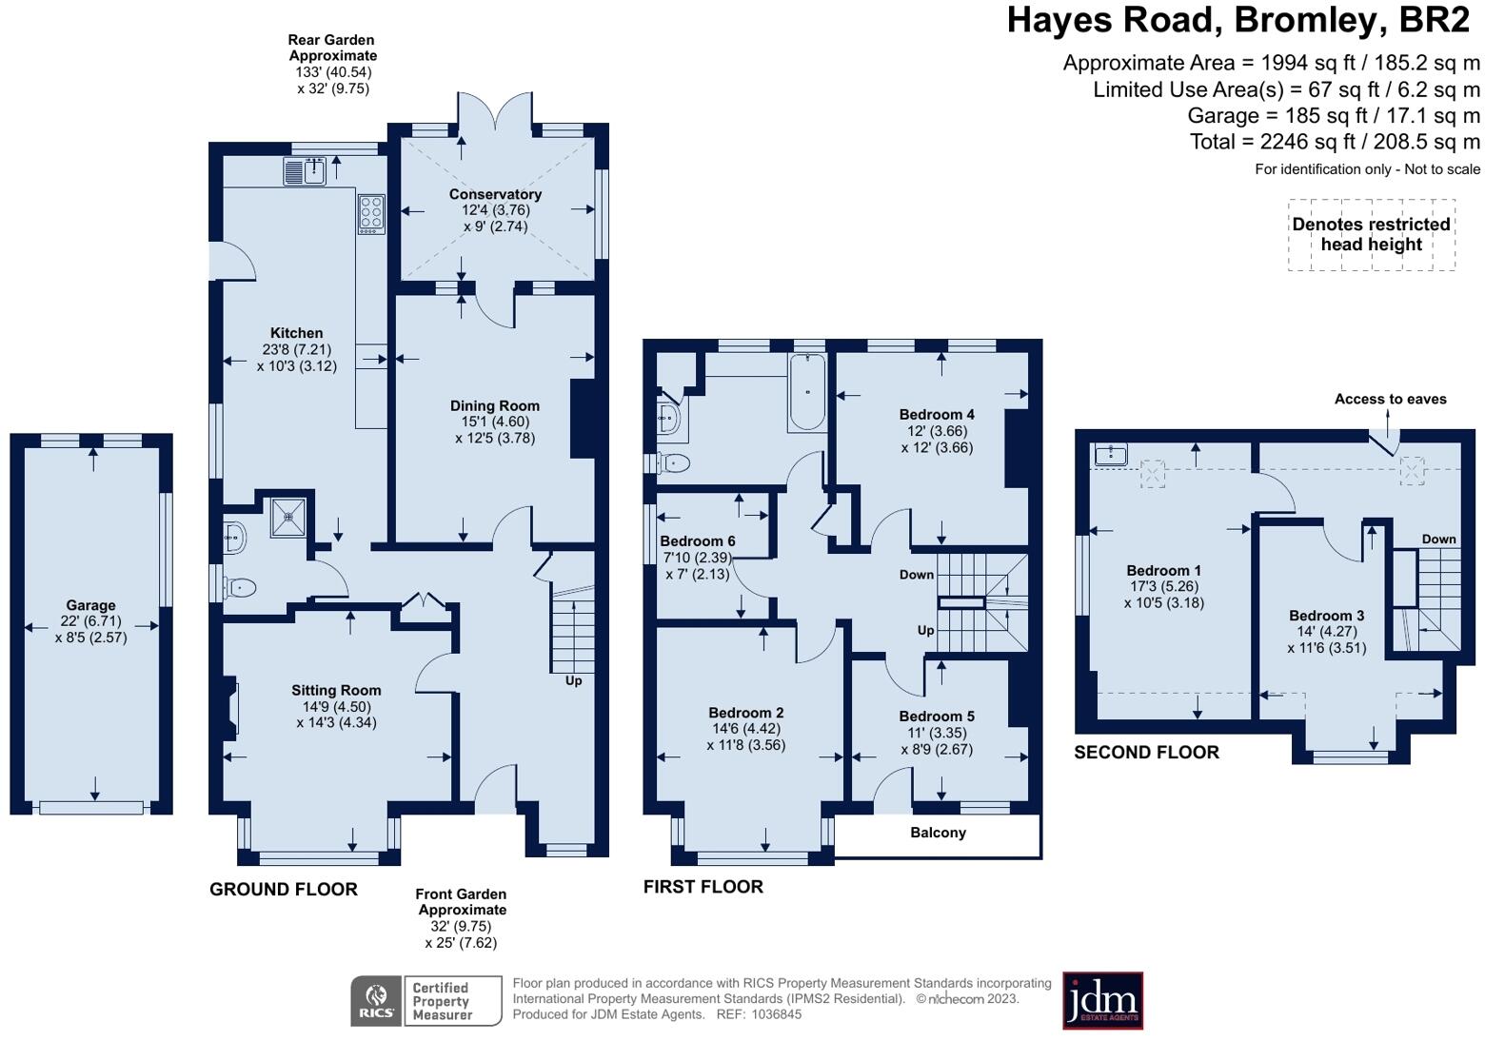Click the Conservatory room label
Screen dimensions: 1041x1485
pos(495,194)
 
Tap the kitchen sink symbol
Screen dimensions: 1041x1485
pos(305,172)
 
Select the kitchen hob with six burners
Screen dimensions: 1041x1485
pos(371,214)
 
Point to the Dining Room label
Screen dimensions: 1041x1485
pos(495,406)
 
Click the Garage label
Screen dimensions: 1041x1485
pos(90,605)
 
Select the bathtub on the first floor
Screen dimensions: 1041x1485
pos(807,392)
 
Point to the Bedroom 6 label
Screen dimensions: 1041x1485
pos(698,541)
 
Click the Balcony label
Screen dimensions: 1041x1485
pos(938,833)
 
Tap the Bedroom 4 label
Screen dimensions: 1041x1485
pos(937,415)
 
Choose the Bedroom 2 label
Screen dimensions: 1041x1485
pos(746,713)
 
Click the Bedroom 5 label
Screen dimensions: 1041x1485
pos(937,717)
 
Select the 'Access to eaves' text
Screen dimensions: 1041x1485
pos(1390,400)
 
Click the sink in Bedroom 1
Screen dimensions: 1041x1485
pos(1110,456)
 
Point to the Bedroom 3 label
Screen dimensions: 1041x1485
pos(1327,616)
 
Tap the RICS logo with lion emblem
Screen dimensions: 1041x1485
pos(377,1001)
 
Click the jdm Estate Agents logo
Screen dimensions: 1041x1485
pos(1102,1001)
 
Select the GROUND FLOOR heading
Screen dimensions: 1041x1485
pos(284,890)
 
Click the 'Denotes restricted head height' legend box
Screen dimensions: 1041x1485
pos(1371,235)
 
